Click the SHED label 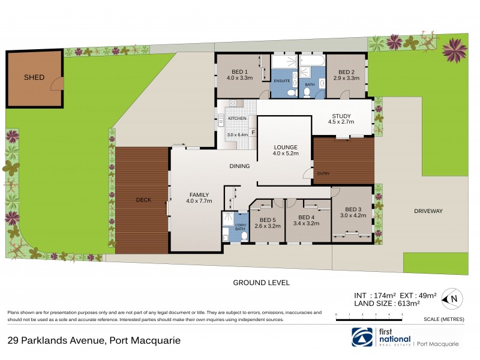pyautogui.click(x=34, y=77)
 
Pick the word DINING pyautogui.click(x=240, y=166)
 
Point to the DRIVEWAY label pyautogui.click(x=428, y=211)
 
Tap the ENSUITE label pyautogui.click(x=281, y=80)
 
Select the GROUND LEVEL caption pyautogui.click(x=261, y=282)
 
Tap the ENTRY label pyautogui.click(x=323, y=174)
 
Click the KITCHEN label pyautogui.click(x=237, y=119)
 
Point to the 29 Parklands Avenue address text pyautogui.click(x=94, y=340)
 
